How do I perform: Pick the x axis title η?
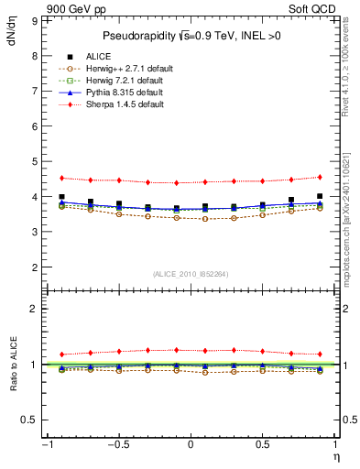pyautogui.click(x=336, y=456)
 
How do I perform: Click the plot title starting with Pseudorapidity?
pyautogui.click(x=190, y=36)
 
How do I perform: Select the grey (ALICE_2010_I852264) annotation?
pyautogui.click(x=190, y=274)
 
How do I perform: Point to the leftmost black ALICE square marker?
pyautogui.click(x=61, y=197)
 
